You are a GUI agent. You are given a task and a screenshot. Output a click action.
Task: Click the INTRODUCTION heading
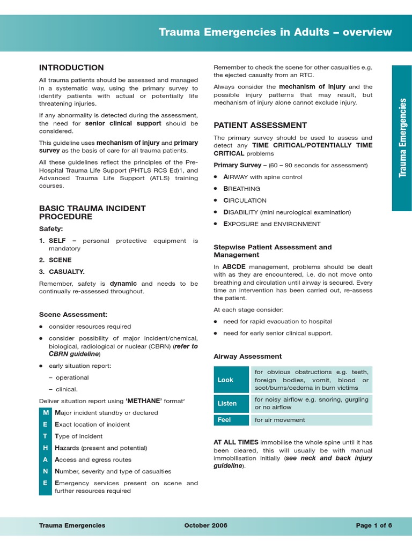pyautogui.click(x=71, y=68)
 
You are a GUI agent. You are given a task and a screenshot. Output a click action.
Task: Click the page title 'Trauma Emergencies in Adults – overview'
pyautogui.click(x=275, y=32)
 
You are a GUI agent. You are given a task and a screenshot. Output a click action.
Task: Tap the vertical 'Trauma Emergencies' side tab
pyautogui.click(x=402, y=138)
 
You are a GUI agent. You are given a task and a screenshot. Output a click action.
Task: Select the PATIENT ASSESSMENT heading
pyautogui.click(x=260, y=125)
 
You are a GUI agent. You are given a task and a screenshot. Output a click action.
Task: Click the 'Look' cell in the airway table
pyautogui.click(x=231, y=380)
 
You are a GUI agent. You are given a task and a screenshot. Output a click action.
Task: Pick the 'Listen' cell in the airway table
pyautogui.click(x=231, y=403)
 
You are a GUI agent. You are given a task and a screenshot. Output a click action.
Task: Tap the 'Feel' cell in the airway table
pyautogui.click(x=231, y=420)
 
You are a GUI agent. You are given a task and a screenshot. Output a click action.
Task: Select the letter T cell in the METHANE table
pyautogui.click(x=46, y=436)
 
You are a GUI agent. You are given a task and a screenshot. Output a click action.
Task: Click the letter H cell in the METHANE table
pyautogui.click(x=46, y=448)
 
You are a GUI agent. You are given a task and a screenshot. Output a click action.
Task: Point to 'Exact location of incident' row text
pyautogui.click(x=92, y=425)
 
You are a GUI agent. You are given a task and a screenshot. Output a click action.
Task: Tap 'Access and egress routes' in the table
pyautogui.click(x=93, y=459)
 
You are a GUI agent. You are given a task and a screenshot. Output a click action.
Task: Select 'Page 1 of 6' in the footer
pyautogui.click(x=374, y=525)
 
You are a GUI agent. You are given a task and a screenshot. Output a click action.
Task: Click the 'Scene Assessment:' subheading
pyautogui.click(x=73, y=314)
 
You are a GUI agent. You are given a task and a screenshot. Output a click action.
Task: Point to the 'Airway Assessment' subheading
pyautogui.click(x=247, y=356)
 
